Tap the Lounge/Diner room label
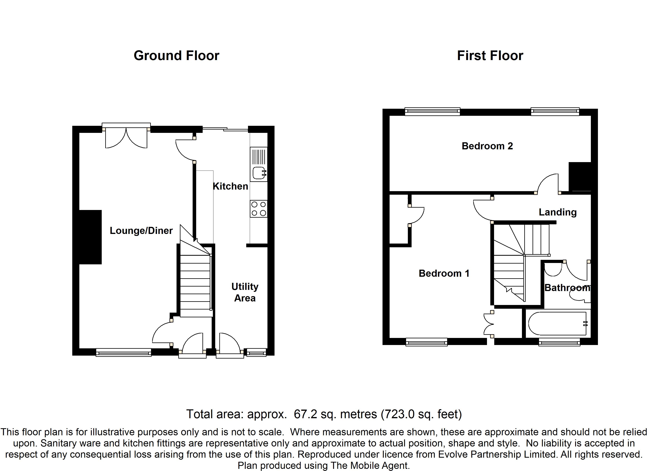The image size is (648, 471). (141, 231)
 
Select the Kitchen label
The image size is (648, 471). (230, 186)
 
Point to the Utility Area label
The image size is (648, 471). (245, 292)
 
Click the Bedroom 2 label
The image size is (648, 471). (487, 146)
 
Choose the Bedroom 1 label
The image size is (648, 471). (444, 273)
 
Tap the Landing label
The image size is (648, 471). (557, 212)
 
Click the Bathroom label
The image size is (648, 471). (567, 288)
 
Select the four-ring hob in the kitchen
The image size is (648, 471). (259, 209)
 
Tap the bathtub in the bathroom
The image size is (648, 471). (557, 324)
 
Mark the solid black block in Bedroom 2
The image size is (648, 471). (579, 176)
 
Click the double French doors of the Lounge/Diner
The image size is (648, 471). (126, 137)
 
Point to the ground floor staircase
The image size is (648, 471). (195, 280)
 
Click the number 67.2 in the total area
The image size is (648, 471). (305, 414)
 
